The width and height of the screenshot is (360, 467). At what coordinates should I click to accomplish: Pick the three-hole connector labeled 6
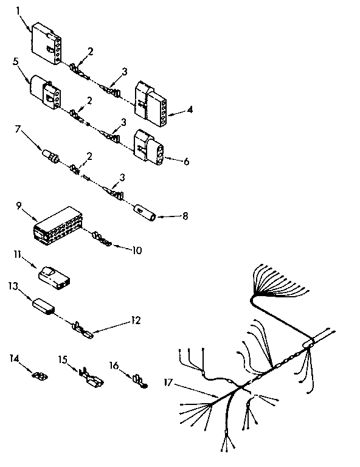pos(149,147)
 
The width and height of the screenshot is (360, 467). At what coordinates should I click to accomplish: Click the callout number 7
pos(19,129)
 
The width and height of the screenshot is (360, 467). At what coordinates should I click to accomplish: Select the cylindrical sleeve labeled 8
pos(145,213)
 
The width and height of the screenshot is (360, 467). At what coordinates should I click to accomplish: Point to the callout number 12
pos(137,320)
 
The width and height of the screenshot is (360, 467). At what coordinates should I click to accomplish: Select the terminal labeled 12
pos(84,332)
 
